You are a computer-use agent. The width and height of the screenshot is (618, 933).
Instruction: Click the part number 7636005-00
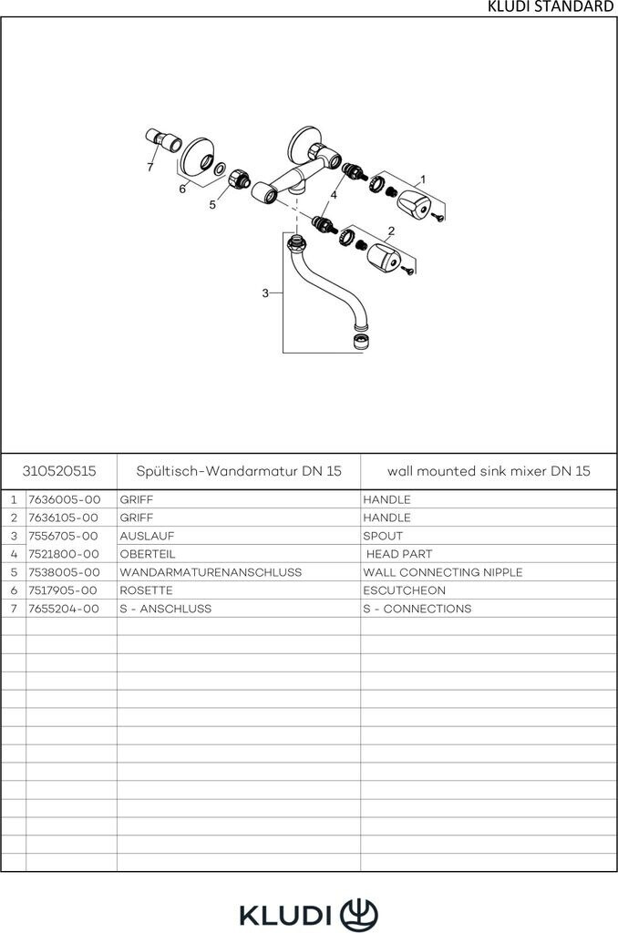point(64,499)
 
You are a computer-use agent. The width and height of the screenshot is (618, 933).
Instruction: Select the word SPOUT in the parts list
point(382,536)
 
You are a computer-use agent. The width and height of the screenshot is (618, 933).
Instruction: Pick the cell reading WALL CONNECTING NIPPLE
point(442,572)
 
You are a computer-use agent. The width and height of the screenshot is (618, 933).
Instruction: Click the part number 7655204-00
point(64,609)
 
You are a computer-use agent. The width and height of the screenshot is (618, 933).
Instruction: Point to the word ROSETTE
point(146,590)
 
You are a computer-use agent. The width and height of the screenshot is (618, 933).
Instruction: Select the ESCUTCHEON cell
point(404,590)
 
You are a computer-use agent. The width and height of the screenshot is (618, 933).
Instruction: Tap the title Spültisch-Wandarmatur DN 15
point(238,471)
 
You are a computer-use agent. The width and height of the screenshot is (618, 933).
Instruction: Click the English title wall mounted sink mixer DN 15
point(489,471)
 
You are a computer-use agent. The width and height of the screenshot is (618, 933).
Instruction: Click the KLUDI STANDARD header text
point(551,7)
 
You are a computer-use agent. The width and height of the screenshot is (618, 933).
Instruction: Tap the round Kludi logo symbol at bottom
point(358,913)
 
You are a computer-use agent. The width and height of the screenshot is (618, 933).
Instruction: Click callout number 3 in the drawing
point(265,292)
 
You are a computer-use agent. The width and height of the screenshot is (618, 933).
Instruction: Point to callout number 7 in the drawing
point(150,168)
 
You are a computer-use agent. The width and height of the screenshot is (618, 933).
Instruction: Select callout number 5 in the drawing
point(212,205)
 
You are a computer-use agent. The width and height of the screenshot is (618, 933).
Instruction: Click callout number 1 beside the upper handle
point(423,179)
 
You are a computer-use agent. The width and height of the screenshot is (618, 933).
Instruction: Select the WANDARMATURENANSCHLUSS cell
point(210,572)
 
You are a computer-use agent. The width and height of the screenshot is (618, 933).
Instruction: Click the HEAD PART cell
point(398,554)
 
